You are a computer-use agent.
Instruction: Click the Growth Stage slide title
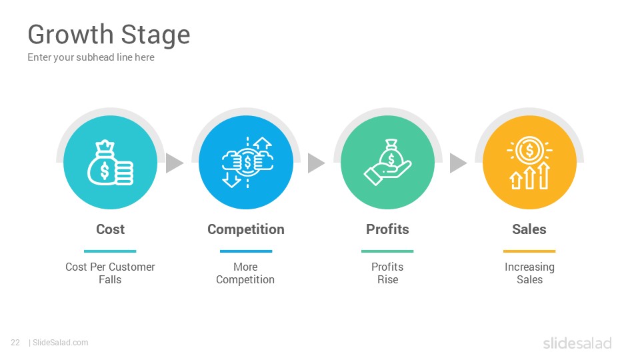pos(109,35)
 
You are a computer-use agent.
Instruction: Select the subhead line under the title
pos(91,57)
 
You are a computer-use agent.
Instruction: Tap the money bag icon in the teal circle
pos(110,163)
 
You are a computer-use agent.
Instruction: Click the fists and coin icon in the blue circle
pos(247,163)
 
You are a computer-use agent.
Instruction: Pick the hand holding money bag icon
pos(387,163)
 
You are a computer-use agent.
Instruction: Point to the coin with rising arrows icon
pos(529,163)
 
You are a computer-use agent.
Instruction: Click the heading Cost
pos(110,229)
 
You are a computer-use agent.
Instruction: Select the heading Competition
pos(246,230)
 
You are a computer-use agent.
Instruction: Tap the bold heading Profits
pos(387,229)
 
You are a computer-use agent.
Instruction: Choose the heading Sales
pos(529,229)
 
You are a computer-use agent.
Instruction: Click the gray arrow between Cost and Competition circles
pos(174,163)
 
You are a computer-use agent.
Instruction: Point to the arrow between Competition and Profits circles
pos(315,163)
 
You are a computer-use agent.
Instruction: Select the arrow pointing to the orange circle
pos(458,163)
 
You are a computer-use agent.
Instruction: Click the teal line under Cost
pos(110,251)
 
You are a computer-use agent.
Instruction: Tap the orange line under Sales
pos(529,251)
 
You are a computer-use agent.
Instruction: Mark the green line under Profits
pos(387,251)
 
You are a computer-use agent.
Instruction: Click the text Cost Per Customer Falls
pos(110,273)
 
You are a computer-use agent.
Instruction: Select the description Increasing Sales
pos(529,273)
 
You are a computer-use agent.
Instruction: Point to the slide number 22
pos(15,343)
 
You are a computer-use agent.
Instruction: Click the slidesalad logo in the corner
pos(577,343)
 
